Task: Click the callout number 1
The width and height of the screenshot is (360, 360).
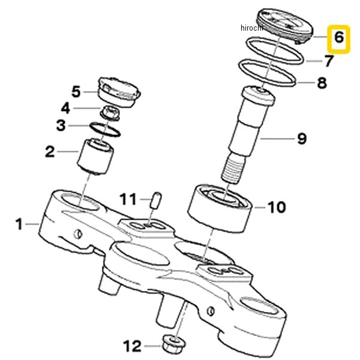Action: click(x=19, y=224)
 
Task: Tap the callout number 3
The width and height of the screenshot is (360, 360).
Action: click(x=61, y=125)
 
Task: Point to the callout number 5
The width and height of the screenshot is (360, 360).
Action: click(x=76, y=92)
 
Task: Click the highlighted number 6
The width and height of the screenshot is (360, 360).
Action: click(x=338, y=38)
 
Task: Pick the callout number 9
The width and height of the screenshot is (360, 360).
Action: click(x=302, y=139)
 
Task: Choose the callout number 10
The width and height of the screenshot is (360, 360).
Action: click(x=276, y=208)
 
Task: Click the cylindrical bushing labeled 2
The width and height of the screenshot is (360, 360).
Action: click(x=97, y=155)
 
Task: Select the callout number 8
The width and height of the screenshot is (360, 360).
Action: click(x=322, y=83)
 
